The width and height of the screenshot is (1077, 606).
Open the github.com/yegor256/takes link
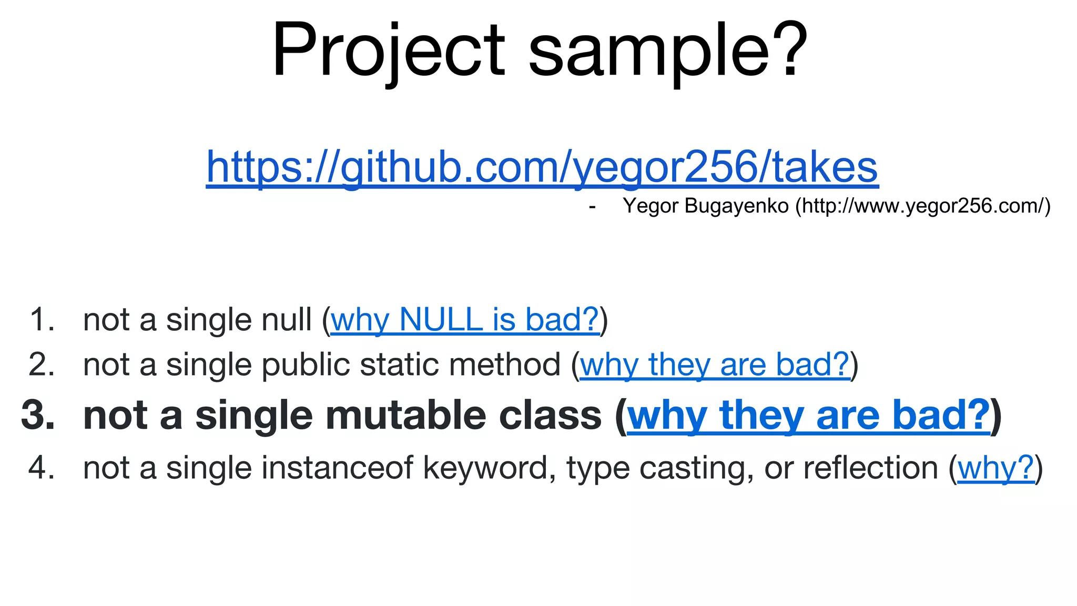click(x=542, y=167)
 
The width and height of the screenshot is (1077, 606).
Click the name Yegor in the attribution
click(x=651, y=206)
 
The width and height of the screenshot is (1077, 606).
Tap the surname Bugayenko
click(x=737, y=206)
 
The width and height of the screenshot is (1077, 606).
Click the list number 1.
click(x=42, y=319)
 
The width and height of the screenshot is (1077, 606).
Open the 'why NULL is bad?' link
click(x=465, y=319)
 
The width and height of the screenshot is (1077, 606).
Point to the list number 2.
click(x=42, y=365)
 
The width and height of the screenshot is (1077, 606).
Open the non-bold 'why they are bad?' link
click(x=715, y=365)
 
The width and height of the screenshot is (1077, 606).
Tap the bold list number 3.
click(x=38, y=416)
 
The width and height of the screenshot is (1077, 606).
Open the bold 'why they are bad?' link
click(x=809, y=416)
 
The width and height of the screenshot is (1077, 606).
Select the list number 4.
click(x=42, y=468)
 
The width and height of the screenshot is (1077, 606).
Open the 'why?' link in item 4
click(x=995, y=468)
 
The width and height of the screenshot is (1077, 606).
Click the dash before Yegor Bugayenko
click(x=592, y=207)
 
